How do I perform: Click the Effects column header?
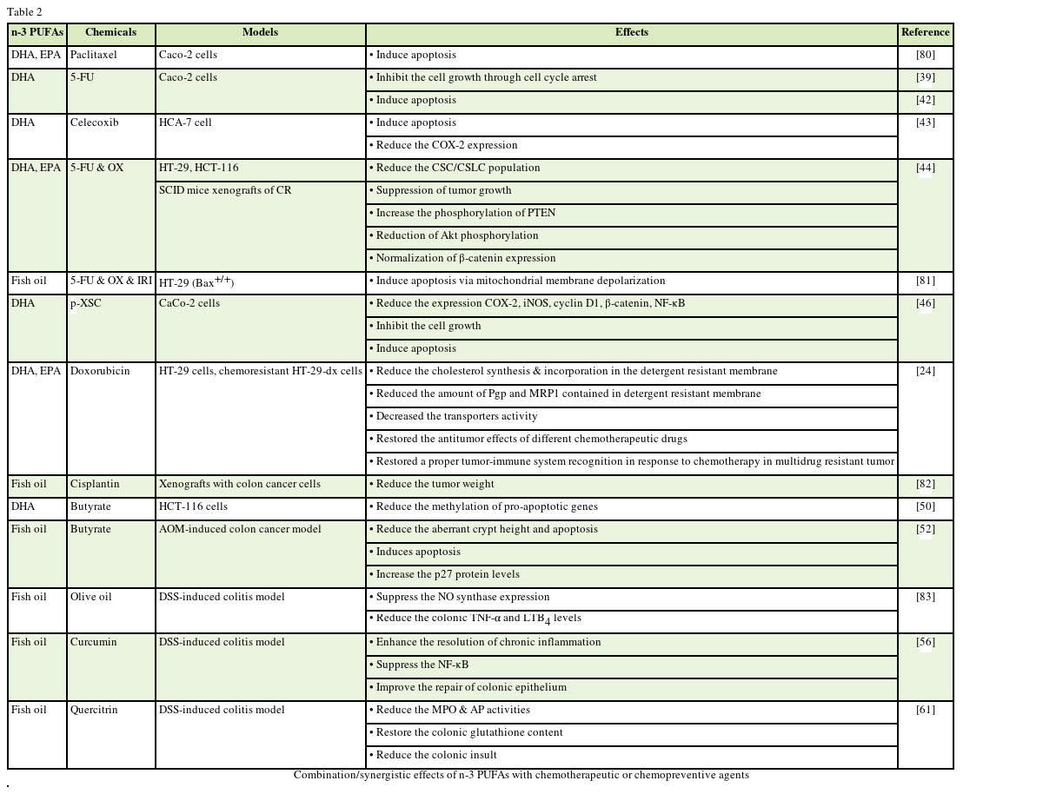point(631,33)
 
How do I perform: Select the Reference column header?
point(925,33)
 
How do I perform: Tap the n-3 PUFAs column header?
point(37,33)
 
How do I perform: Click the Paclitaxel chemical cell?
point(94,56)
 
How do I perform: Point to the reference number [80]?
point(925,56)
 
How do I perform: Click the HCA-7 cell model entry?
point(185,123)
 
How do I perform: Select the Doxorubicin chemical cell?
point(100,372)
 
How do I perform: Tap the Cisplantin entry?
point(95,485)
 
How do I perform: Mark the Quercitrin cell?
point(94,711)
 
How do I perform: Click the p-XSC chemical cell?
point(84,304)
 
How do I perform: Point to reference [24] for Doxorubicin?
point(925,372)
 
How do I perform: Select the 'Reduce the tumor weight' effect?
point(435,485)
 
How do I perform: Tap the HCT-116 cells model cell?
point(193,507)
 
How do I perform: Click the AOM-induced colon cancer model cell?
point(240,530)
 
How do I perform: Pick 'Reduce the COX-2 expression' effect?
point(446,146)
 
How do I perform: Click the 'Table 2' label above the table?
point(24,12)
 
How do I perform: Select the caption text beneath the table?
point(521,775)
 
